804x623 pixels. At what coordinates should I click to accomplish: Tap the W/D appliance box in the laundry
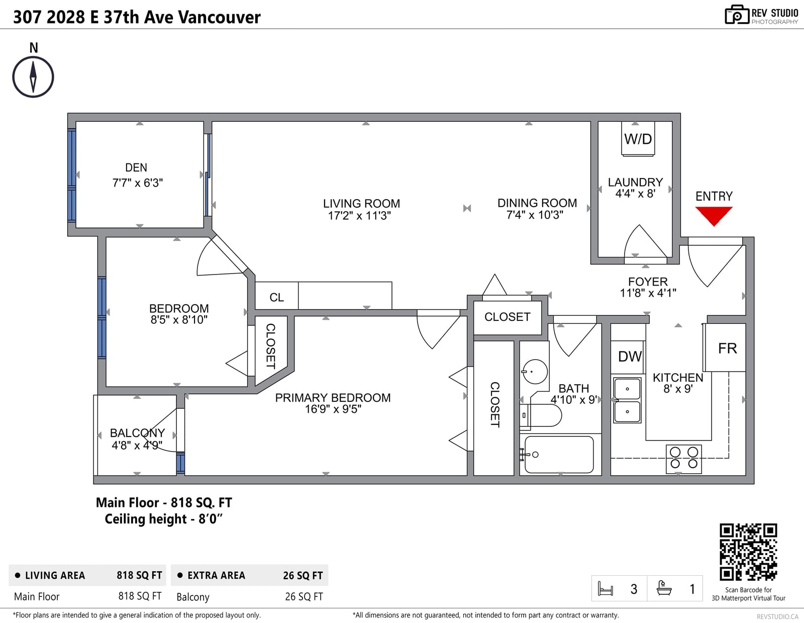coord(638,138)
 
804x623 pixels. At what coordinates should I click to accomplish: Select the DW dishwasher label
coord(630,356)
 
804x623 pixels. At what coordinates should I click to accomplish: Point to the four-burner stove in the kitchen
coord(684,459)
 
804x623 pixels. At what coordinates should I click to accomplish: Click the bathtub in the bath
coord(559,454)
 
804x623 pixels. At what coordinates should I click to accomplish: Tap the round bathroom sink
coord(535,371)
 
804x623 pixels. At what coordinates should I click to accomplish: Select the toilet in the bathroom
coord(541,415)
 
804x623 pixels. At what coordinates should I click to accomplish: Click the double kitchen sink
coord(627,400)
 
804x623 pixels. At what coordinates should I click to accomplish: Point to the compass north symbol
coord(33,77)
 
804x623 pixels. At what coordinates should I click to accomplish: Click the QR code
coord(748,552)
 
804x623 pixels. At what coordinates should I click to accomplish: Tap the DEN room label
coord(136,167)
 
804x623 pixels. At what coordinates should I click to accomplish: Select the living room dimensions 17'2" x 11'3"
coord(359,215)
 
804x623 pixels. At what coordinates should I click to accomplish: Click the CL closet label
coord(276,297)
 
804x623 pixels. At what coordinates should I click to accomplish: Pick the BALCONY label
coord(137,433)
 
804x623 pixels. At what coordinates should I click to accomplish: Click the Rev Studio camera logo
coord(737,15)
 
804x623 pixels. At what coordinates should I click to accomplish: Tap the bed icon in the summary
coord(606,589)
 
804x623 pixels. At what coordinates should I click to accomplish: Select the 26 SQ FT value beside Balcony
coord(304,597)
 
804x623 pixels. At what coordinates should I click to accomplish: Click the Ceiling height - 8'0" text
coord(163,519)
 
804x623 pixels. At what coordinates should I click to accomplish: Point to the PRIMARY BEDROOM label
coord(333,398)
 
